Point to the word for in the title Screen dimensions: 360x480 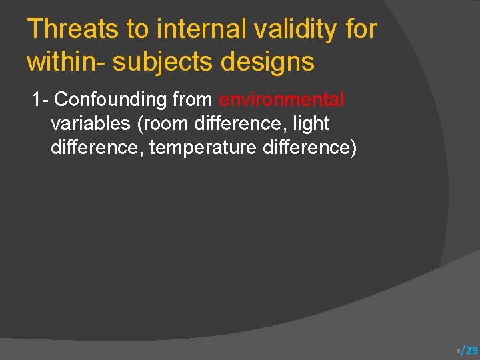(x=362, y=29)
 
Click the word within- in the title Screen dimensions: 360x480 (x=65, y=61)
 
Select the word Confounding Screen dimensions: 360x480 (x=111, y=100)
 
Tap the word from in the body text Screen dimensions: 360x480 (x=193, y=100)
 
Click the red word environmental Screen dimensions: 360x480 (x=281, y=100)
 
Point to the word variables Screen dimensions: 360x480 (x=90, y=123)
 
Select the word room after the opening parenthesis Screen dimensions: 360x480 (x=163, y=123)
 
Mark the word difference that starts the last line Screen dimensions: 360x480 (x=97, y=147)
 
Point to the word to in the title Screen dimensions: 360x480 (x=133, y=29)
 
